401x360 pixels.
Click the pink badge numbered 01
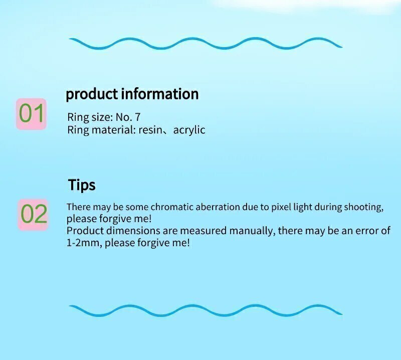[31, 114]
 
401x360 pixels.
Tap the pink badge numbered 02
[33, 215]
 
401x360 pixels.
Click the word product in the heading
[92, 94]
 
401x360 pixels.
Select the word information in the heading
[159, 93]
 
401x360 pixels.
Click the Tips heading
[82, 185]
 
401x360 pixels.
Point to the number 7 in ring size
[137, 117]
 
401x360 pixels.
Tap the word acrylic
[189, 130]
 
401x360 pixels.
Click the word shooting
[364, 207]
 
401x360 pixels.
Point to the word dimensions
[133, 231]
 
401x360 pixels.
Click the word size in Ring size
[102, 117]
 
